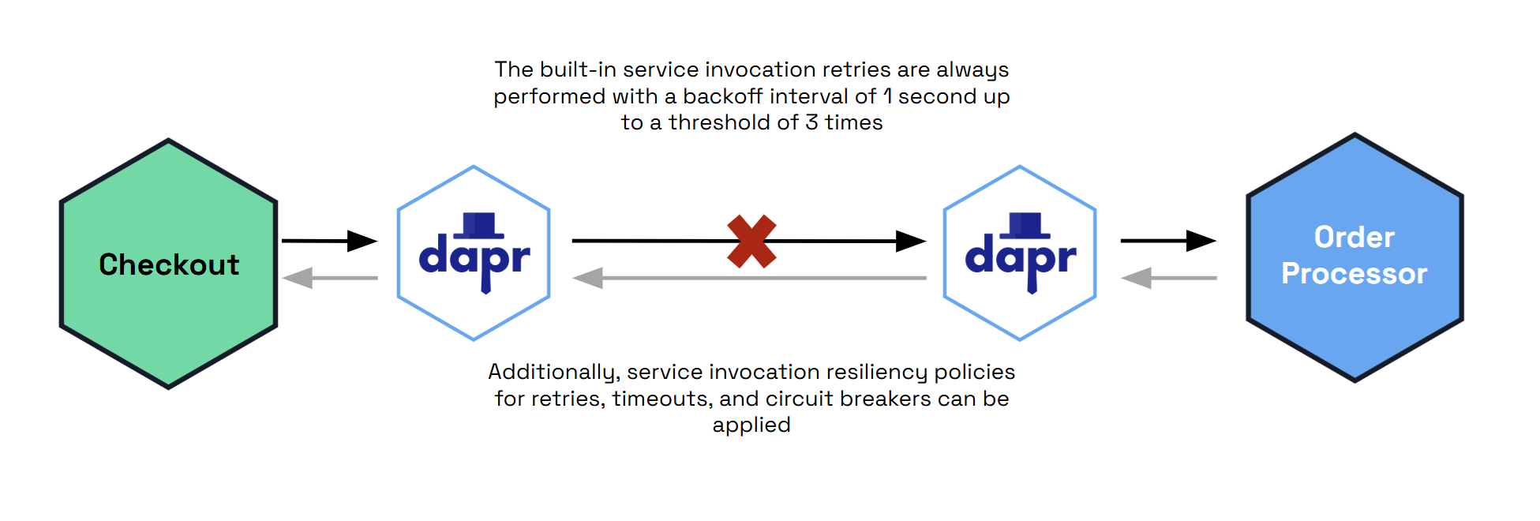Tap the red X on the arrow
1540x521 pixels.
751,242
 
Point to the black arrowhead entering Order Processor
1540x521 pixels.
1201,241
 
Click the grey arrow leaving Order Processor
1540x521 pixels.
1168,278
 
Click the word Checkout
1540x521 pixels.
169,265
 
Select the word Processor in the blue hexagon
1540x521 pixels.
1354,274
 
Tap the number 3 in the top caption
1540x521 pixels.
811,122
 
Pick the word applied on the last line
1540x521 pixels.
751,425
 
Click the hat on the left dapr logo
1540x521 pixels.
478,225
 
